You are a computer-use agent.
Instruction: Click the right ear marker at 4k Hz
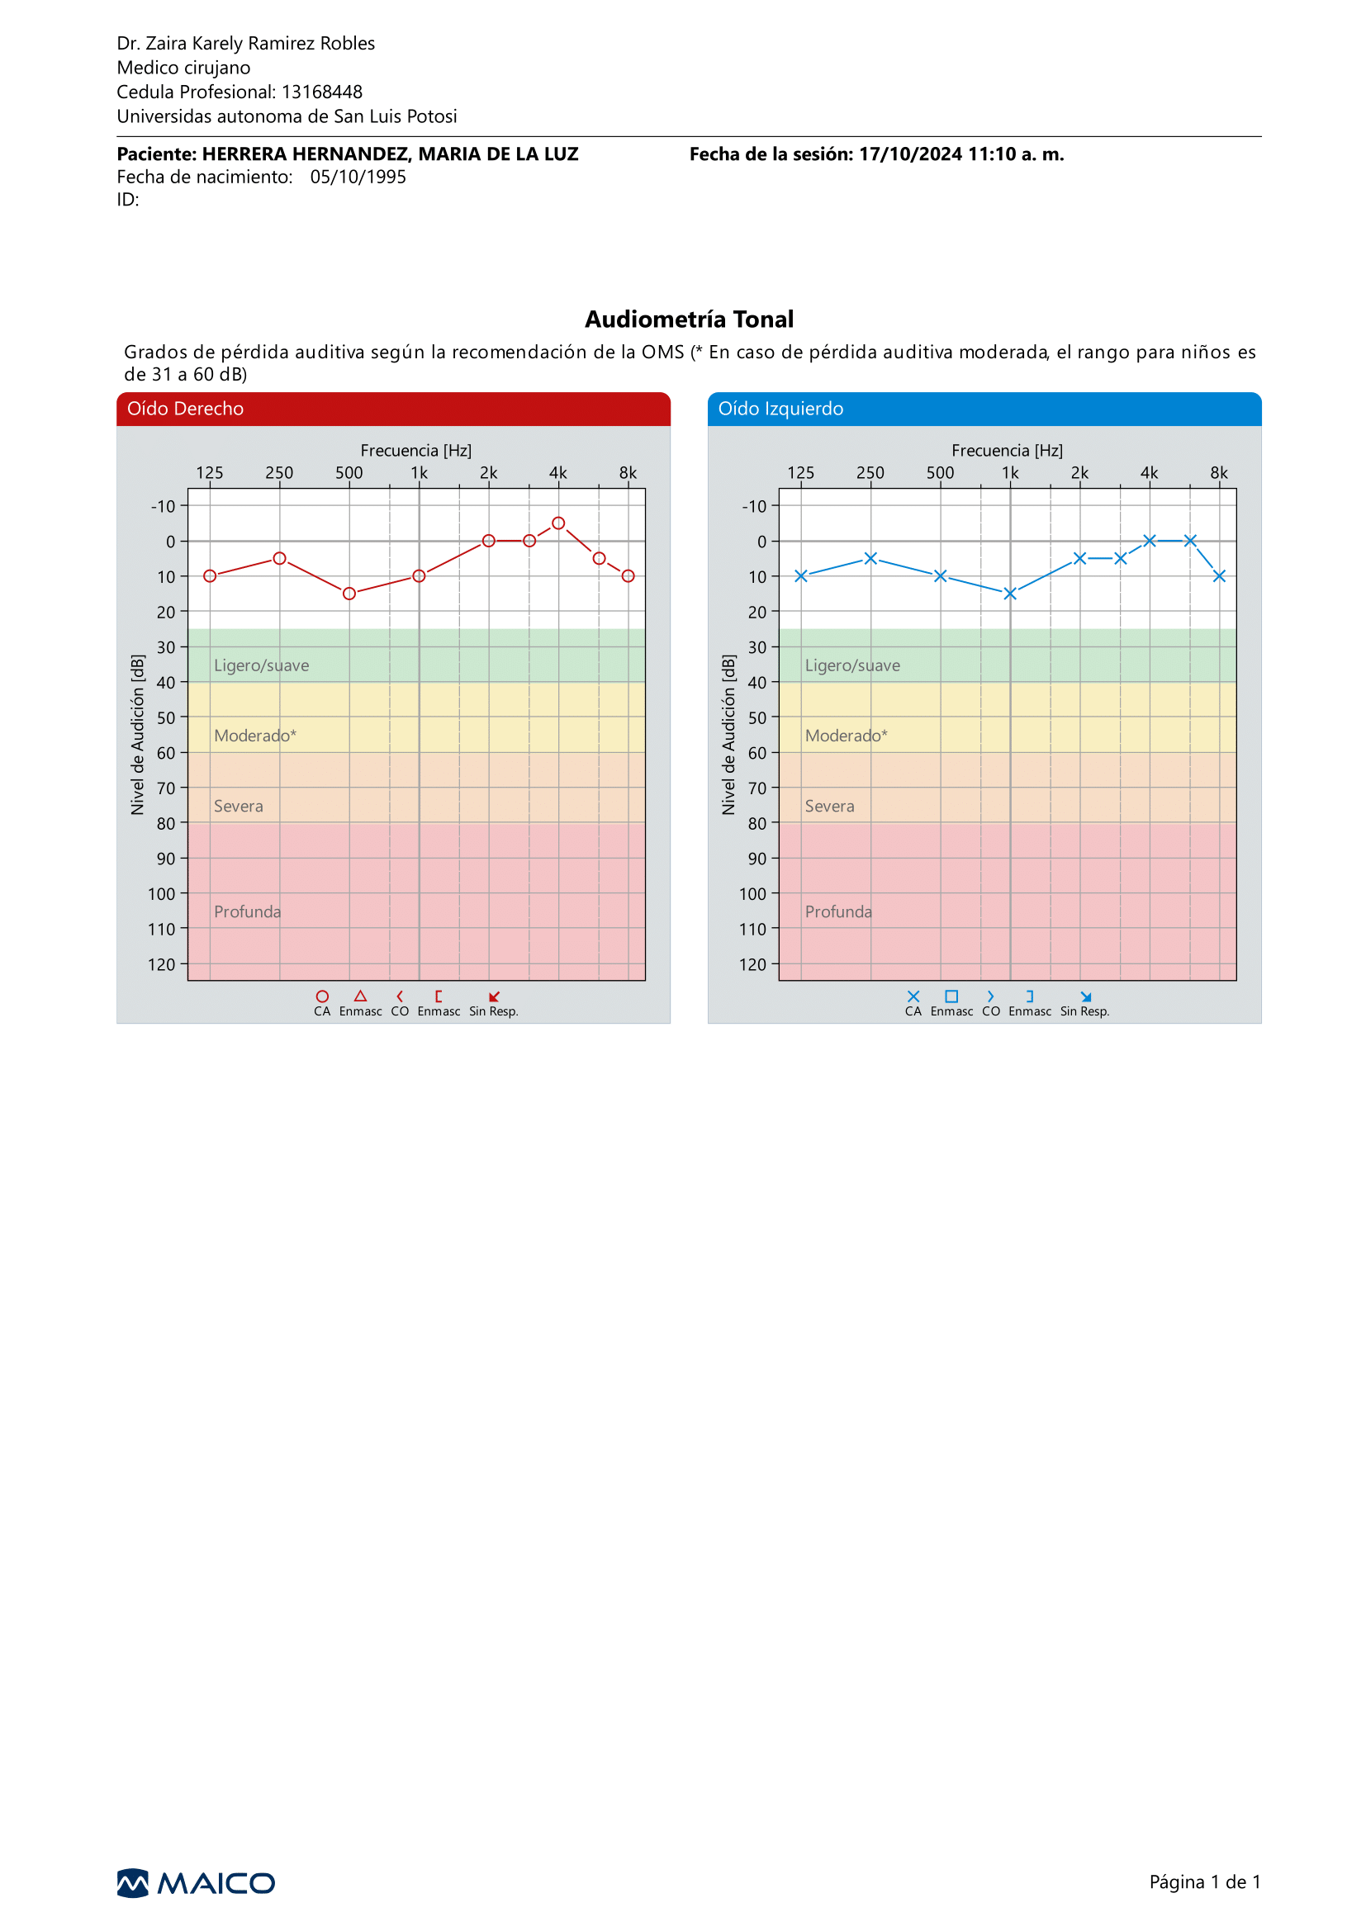point(558,523)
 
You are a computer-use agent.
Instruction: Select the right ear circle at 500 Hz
point(349,594)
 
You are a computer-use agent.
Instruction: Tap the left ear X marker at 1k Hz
point(1010,594)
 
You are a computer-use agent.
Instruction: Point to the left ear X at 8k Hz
point(1219,576)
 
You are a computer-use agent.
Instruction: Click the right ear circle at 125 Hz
point(211,576)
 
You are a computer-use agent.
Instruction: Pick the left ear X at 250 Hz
point(870,558)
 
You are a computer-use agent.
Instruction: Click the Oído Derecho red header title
point(185,409)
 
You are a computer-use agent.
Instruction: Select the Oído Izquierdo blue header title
point(780,409)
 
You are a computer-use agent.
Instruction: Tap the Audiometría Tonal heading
point(689,319)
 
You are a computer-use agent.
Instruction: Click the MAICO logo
point(196,1883)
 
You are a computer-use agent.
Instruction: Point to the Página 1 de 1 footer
point(1204,1882)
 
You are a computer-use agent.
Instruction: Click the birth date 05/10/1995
point(358,177)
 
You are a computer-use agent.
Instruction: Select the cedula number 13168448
point(322,92)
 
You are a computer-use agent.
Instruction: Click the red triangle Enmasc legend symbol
point(361,996)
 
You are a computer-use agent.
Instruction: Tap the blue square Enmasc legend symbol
point(951,996)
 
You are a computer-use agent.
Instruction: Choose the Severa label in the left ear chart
point(829,807)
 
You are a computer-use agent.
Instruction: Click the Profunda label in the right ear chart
point(247,911)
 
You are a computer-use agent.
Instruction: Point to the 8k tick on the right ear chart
point(628,473)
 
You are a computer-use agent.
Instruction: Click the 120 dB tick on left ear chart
point(753,964)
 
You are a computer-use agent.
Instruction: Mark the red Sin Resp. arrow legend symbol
point(495,996)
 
